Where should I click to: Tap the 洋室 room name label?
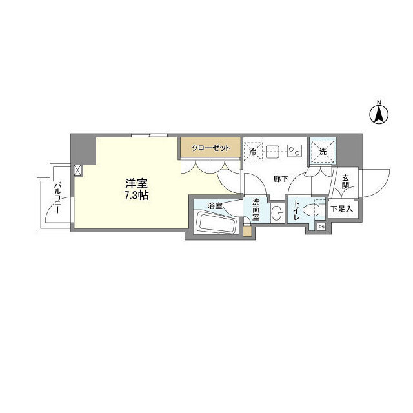[136, 183]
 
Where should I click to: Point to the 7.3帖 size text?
[136, 195]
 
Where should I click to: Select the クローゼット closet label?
[210, 148]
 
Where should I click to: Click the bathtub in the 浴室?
[216, 225]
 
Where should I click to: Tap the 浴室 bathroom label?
[215, 206]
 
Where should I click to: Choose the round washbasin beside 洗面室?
[276, 214]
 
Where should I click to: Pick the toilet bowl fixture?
[317, 210]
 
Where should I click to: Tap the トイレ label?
[296, 211]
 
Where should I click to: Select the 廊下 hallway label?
[279, 179]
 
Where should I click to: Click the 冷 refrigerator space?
[252, 152]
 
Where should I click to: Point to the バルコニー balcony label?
[57, 197]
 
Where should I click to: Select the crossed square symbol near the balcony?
[78, 170]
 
